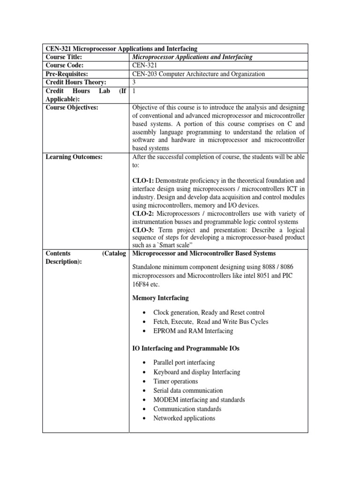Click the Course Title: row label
tap(64, 57)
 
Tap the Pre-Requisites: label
tap(67, 74)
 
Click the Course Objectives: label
tap(72, 108)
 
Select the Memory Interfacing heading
tap(161, 298)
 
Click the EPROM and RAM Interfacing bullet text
tap(193, 331)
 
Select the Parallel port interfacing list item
tap(184, 363)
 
